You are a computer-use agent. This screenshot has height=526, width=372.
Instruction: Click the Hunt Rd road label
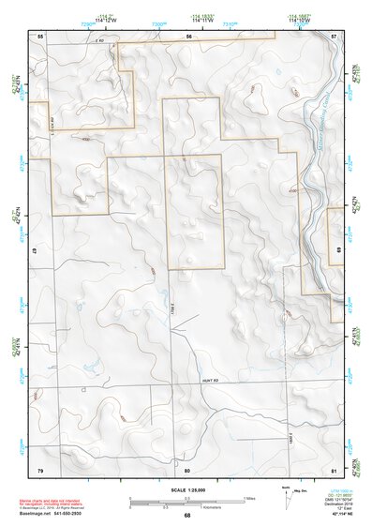[209, 380]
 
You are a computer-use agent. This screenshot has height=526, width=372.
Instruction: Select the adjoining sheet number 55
[40, 35]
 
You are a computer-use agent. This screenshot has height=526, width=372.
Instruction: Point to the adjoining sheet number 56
[187, 35]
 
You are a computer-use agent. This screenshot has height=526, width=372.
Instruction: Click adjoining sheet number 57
[335, 35]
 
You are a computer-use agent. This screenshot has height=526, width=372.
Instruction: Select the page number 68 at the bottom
[187, 515]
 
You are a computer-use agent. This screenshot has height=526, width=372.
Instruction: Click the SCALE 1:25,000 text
[187, 489]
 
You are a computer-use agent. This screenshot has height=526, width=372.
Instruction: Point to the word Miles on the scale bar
[249, 498]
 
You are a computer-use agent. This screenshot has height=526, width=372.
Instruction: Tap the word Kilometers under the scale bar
[199, 509]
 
